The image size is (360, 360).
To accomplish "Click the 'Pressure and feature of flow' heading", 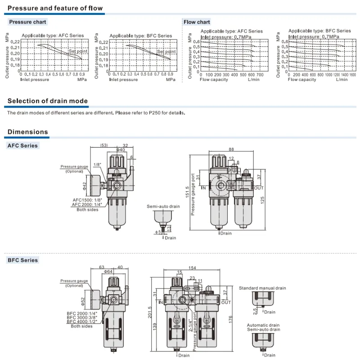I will [x=55, y=8].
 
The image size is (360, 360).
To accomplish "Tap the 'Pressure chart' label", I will [x=28, y=22].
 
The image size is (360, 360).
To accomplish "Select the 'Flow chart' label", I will [x=197, y=22].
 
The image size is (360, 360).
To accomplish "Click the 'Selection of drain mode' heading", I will [x=48, y=101].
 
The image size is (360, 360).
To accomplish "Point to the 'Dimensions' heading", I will [x=28, y=132].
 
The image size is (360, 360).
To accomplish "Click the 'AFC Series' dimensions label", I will [x=23, y=146].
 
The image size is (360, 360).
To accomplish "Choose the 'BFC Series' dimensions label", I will [x=23, y=260].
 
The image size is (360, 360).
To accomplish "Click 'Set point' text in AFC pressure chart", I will [x=78, y=51].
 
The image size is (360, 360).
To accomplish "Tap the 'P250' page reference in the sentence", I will [x=154, y=113].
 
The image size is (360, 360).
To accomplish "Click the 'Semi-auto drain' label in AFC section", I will [x=163, y=207].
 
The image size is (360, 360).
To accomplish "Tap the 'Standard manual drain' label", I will [x=262, y=288].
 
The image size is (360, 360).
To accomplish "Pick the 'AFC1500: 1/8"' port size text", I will [x=87, y=200].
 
